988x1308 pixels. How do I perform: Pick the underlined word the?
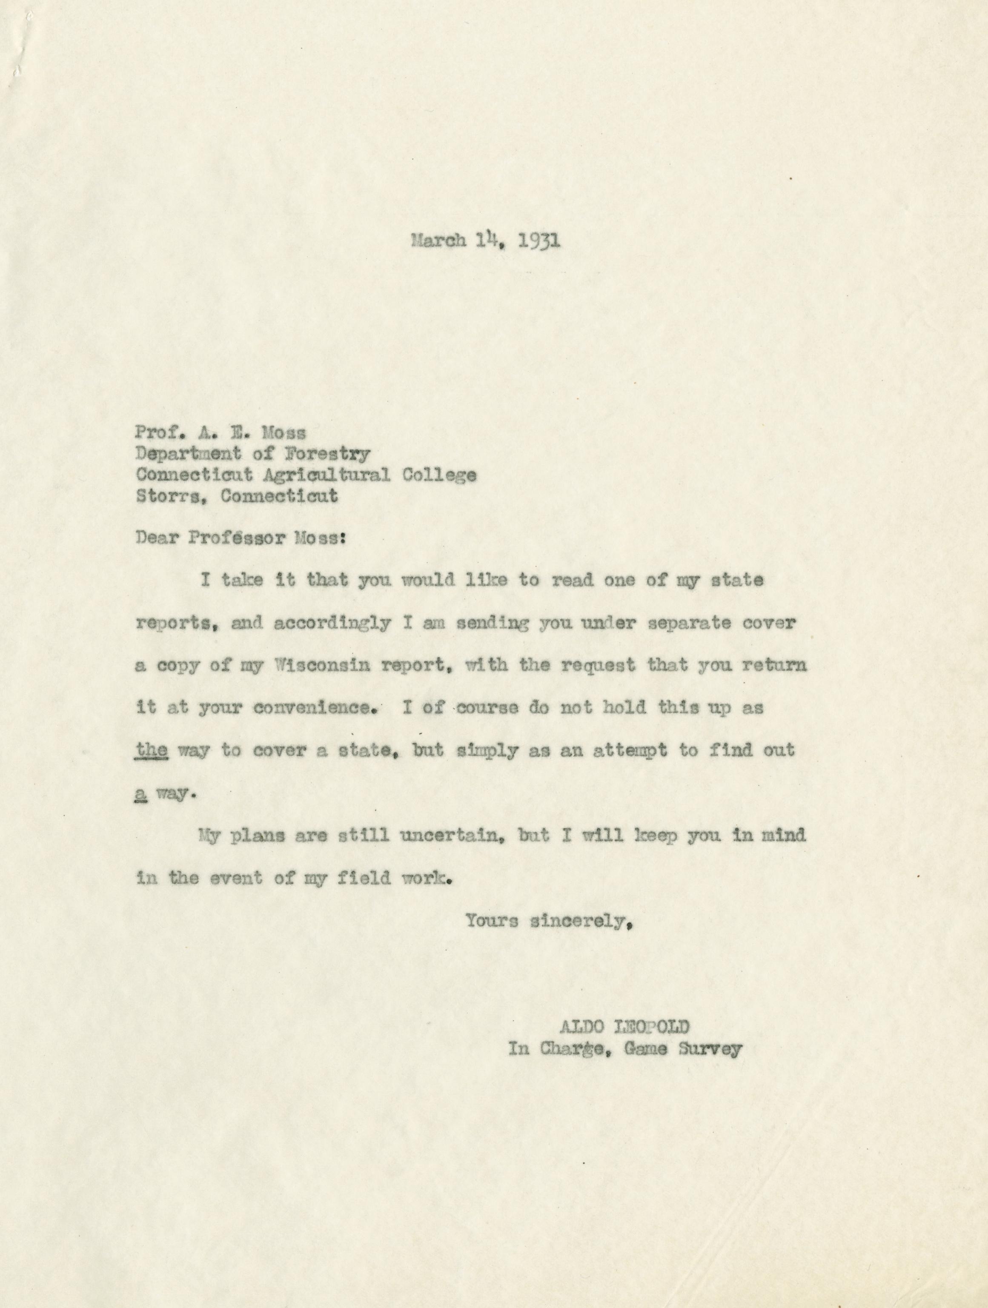(x=152, y=751)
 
